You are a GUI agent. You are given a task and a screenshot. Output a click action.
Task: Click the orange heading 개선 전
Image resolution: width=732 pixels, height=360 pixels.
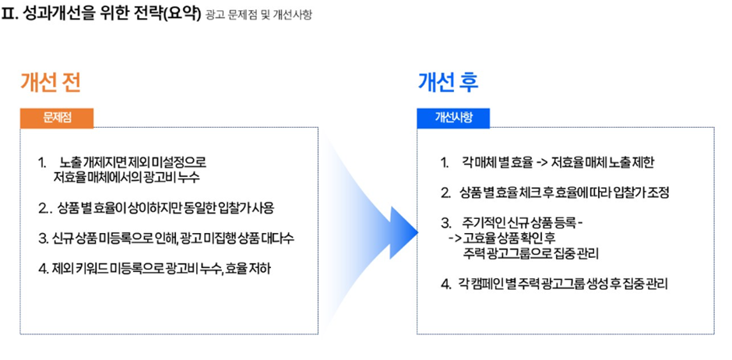tap(50, 83)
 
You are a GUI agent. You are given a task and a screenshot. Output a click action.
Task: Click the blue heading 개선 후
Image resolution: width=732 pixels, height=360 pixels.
tap(448, 83)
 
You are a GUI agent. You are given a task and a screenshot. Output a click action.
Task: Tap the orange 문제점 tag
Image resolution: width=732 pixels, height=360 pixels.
tap(57, 118)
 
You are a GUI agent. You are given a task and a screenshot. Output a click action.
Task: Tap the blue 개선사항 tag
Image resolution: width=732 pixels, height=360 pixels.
tap(453, 118)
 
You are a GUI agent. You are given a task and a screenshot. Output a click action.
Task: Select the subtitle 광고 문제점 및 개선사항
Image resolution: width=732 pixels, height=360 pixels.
tap(259, 15)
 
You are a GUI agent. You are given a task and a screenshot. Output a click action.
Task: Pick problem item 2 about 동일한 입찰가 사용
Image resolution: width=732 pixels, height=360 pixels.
tap(157, 208)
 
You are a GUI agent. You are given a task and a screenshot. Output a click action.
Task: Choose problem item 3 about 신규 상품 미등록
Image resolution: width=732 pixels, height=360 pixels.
tap(167, 238)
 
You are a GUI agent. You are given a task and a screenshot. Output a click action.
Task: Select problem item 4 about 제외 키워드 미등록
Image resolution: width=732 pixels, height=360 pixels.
tap(155, 269)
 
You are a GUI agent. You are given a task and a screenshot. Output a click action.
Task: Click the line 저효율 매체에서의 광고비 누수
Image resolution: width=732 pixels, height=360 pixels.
tap(128, 178)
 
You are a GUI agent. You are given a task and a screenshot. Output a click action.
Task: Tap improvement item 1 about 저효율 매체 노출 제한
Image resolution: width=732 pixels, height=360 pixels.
tap(548, 163)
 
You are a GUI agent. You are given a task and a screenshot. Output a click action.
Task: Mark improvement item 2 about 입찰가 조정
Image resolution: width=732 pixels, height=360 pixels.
tap(556, 193)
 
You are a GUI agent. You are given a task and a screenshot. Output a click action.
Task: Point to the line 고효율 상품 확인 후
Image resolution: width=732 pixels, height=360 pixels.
tap(501, 238)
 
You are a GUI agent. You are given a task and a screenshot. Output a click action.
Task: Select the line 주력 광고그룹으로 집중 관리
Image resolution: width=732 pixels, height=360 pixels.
tap(531, 254)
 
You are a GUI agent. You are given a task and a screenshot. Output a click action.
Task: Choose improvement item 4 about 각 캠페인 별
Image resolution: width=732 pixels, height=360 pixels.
tap(554, 284)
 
